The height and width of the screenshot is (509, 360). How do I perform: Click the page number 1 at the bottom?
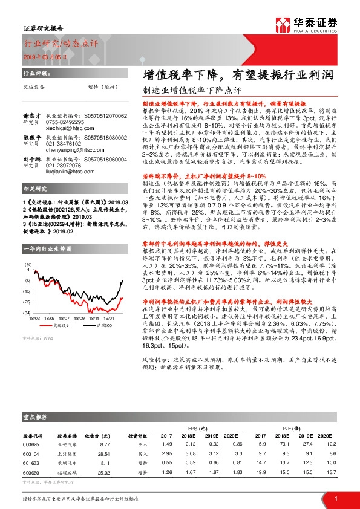coord(336,498)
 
